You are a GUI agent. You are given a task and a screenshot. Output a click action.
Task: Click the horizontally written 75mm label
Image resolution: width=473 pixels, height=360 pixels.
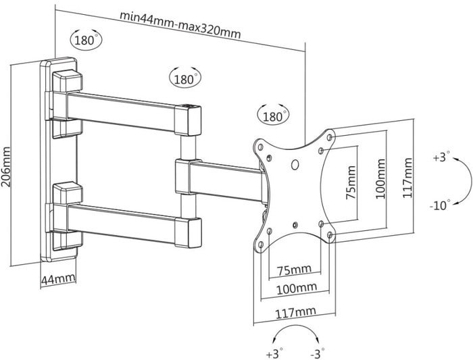click(295, 269)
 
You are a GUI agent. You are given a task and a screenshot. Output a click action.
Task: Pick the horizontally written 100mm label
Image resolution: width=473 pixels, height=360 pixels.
click(295, 289)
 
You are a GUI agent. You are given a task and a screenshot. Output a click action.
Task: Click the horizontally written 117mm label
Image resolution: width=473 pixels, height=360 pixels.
click(295, 311)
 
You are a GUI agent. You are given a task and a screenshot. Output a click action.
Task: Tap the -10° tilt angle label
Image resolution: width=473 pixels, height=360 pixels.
click(440, 205)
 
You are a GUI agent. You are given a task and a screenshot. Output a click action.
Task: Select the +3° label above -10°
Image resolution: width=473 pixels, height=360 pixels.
click(440, 157)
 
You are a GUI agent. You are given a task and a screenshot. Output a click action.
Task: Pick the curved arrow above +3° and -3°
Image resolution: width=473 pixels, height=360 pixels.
click(295, 331)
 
